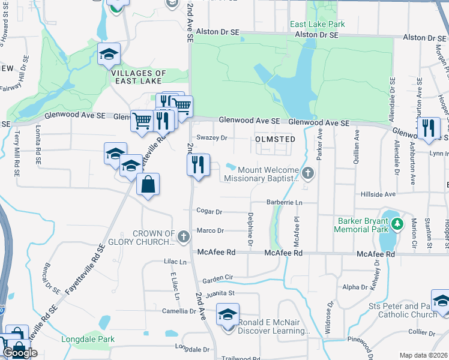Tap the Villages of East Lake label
139,77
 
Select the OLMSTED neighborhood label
275,139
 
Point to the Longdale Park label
88,339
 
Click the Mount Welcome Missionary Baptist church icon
308,174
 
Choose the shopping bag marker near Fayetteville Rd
148,185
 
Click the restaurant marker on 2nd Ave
198,164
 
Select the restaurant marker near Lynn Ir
428,128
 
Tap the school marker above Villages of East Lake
109,54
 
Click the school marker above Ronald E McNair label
228,314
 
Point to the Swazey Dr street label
215,137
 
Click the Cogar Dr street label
209,211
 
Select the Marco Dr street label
210,230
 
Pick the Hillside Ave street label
378,194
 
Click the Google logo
20,353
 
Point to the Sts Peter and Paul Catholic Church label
403,310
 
